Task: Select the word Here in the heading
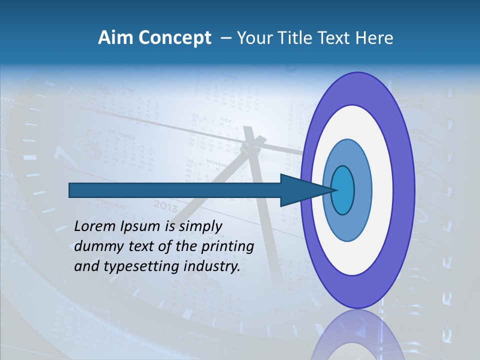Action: coord(374,38)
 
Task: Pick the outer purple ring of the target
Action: coord(403,190)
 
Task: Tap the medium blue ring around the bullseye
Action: coord(363,190)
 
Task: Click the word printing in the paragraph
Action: coord(228,247)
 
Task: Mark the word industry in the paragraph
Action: coord(211,267)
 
